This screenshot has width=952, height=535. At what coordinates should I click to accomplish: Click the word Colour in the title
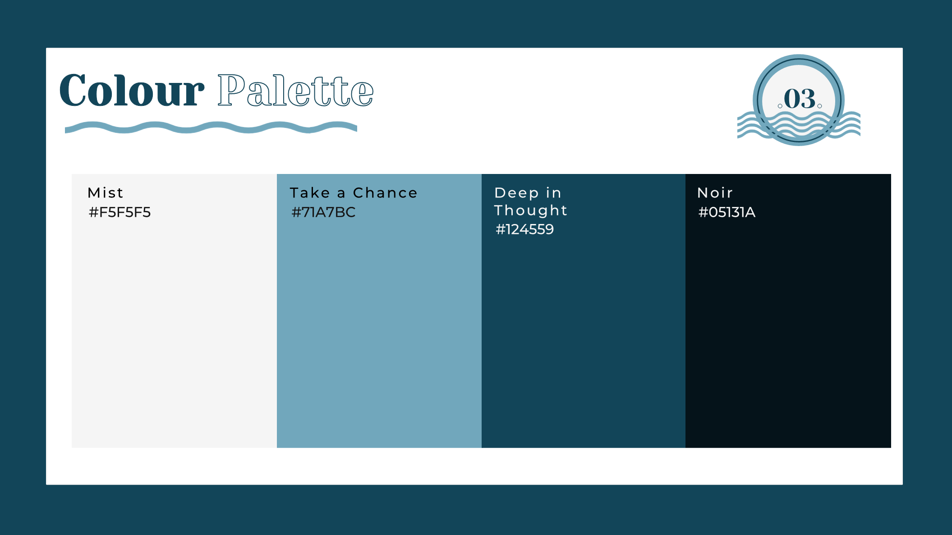(132, 91)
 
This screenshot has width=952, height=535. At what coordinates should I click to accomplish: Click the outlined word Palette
(295, 91)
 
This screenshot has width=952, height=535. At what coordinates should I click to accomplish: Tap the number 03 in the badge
(800, 99)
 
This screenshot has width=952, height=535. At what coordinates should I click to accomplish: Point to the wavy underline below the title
(211, 128)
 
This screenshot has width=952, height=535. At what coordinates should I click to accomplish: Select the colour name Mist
(105, 193)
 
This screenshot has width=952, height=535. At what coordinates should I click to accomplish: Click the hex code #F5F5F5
(120, 212)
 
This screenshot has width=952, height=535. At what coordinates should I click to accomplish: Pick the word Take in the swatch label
(310, 193)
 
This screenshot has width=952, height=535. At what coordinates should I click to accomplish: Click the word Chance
(385, 193)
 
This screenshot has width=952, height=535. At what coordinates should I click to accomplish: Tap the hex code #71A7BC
(323, 212)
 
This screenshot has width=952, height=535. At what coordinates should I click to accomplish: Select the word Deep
(517, 193)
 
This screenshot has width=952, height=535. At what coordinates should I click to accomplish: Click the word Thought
(531, 210)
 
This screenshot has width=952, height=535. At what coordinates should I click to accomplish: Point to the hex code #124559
(524, 229)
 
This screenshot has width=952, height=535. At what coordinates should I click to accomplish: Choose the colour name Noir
(715, 193)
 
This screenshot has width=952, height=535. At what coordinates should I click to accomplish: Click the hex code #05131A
(727, 212)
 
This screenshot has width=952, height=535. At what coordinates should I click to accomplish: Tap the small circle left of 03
(780, 106)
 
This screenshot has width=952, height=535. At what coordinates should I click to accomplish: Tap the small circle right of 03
(819, 106)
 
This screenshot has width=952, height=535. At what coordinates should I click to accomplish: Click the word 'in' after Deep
(553, 193)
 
